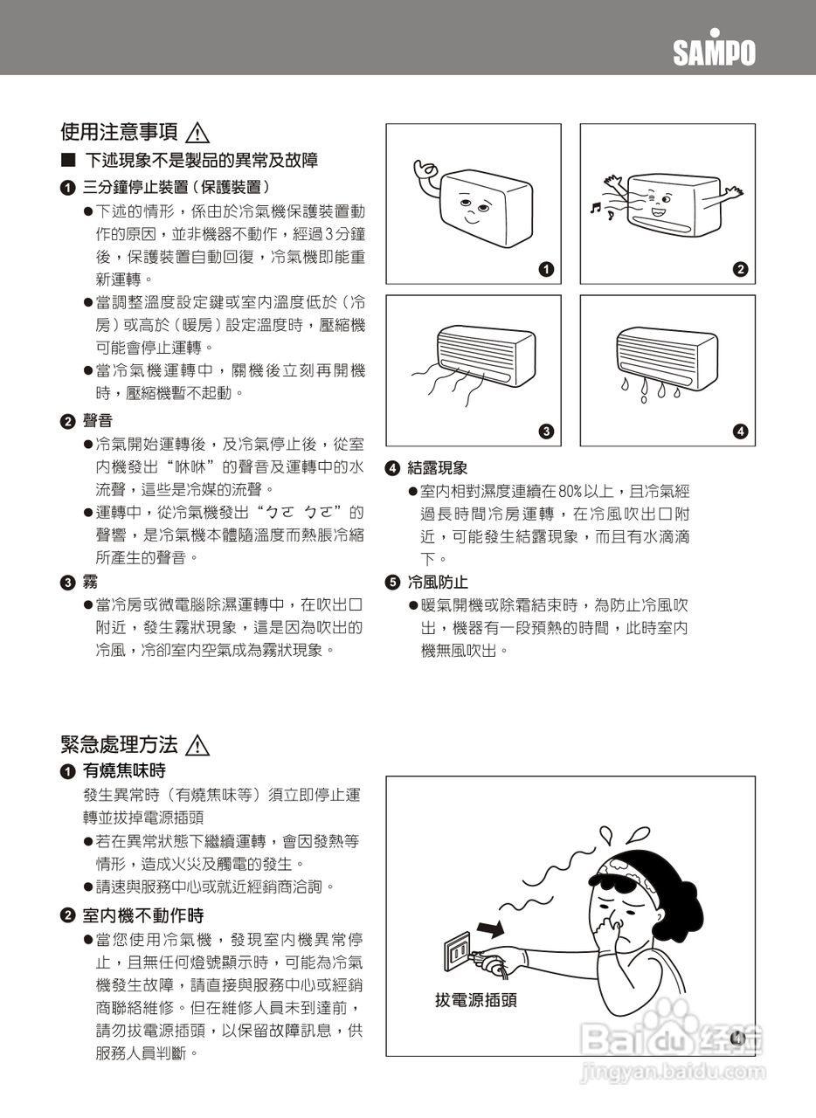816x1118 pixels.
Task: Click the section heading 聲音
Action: [x=97, y=421]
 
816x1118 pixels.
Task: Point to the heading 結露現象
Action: [x=437, y=468]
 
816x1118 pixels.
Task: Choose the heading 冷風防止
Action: [x=437, y=582]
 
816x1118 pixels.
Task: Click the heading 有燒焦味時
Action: [x=123, y=770]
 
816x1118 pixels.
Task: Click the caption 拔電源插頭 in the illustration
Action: [x=476, y=1000]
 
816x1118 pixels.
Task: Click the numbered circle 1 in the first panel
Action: [x=546, y=269]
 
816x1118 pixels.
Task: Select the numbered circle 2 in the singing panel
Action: [x=740, y=269]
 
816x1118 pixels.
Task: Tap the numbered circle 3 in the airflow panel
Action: [x=546, y=431]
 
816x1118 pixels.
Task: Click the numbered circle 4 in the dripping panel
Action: [x=740, y=431]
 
